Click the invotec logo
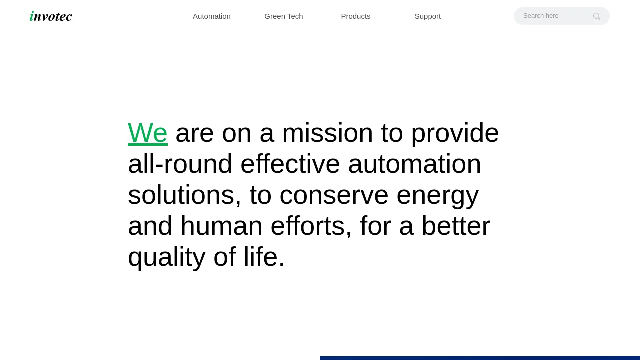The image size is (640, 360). click(51, 16)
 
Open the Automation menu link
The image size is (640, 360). click(211, 16)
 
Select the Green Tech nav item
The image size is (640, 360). click(283, 16)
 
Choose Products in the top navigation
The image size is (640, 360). click(355, 16)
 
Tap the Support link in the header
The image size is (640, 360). click(427, 16)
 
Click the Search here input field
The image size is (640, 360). click(554, 16)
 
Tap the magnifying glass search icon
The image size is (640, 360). click(597, 16)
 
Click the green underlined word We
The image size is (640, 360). click(147, 133)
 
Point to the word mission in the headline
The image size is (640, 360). click(327, 133)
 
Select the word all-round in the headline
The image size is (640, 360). click(180, 164)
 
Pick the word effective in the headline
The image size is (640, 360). click(290, 164)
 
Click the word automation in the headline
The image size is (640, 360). click(415, 164)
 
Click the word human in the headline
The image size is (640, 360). click(221, 226)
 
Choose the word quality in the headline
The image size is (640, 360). click(167, 257)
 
